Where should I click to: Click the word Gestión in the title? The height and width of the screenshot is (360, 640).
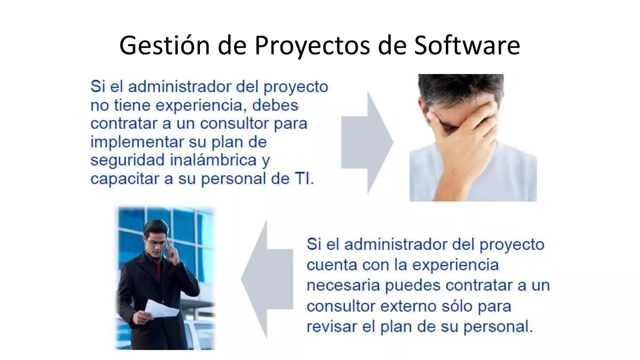click(164, 46)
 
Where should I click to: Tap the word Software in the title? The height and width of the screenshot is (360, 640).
click(467, 46)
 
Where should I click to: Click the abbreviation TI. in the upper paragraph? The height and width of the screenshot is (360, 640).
click(304, 179)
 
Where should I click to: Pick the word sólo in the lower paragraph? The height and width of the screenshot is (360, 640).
click(457, 306)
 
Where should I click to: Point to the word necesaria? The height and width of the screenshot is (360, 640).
click(343, 285)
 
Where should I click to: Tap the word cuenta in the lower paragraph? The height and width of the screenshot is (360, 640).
click(332, 265)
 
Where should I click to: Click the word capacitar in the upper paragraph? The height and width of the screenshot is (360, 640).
click(125, 179)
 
